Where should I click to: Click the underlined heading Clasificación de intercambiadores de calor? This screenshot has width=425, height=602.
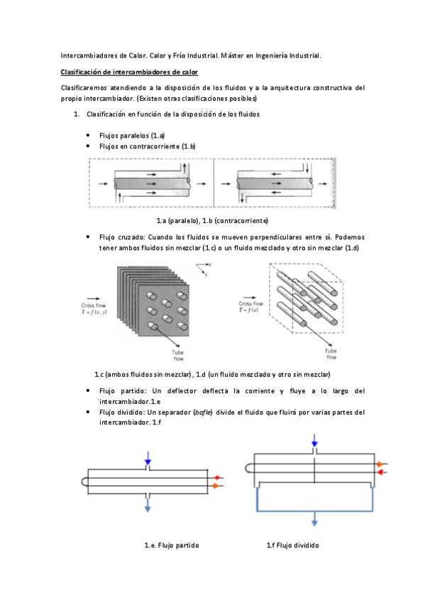tap(129, 72)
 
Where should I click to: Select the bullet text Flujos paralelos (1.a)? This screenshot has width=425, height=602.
tap(132, 136)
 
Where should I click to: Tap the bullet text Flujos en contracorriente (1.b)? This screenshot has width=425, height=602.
tap(148, 146)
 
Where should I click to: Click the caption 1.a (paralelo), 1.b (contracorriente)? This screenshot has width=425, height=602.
tap(212, 221)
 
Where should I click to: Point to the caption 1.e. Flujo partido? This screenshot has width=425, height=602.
tap(172, 545)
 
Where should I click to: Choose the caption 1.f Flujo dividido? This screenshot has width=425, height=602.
tap(292, 545)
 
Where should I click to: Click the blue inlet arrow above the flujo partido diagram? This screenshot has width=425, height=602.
tap(148, 458)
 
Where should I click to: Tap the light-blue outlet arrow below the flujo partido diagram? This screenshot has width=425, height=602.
tap(148, 504)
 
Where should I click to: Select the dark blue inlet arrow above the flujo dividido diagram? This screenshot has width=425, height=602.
tap(314, 440)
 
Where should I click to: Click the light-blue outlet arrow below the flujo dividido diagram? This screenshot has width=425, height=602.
tap(314, 519)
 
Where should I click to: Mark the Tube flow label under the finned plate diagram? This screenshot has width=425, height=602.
tap(178, 356)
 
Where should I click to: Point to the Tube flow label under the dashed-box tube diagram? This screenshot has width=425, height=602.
tap(331, 354)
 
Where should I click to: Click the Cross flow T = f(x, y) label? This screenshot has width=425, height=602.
tap(94, 309)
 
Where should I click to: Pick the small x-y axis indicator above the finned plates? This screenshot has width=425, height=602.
tap(204, 269)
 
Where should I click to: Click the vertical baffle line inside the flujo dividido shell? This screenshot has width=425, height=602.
tap(314, 469)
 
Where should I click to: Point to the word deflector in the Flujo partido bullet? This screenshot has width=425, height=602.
tap(182, 391)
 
